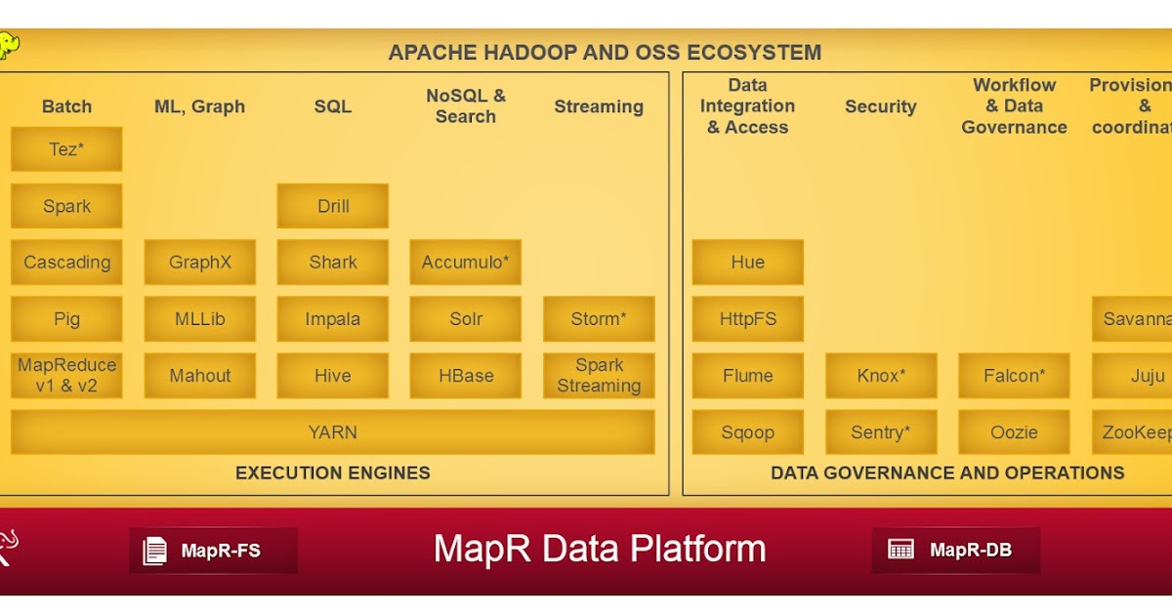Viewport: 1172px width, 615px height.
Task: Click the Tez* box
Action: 66,149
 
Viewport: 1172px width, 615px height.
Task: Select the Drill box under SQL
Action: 333,206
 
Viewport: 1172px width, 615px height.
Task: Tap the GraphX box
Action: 200,263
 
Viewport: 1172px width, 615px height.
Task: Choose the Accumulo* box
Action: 466,263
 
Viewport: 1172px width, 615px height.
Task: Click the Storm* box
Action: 599,319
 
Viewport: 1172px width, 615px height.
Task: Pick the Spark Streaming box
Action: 599,376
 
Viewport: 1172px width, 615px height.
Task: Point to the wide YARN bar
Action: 333,432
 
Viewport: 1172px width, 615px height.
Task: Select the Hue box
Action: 748,263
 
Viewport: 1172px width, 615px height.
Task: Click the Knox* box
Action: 881,376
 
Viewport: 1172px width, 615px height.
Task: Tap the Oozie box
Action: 1014,432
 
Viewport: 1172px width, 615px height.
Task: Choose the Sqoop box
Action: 748,432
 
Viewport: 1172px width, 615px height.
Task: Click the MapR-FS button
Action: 213,551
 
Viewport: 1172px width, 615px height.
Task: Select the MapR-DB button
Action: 955,551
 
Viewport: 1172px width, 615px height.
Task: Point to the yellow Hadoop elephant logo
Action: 9,45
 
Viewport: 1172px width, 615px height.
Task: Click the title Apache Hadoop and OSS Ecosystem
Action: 605,53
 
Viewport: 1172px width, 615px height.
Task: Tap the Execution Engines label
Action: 333,473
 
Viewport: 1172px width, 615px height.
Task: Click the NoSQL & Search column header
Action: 466,106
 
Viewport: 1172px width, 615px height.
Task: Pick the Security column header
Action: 881,106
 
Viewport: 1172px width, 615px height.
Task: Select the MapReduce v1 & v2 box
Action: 66,376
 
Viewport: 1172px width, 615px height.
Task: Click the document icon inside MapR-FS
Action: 155,551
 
